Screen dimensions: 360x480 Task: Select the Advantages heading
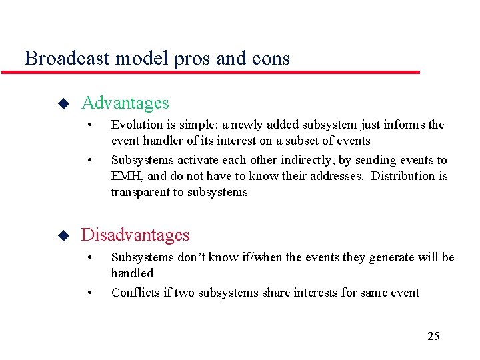[125, 103]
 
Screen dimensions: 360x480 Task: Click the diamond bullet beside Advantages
[63, 104]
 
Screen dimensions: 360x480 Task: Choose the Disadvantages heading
[135, 235]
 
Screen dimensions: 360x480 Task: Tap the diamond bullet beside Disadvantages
[63, 236]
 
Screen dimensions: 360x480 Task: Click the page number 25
[433, 336]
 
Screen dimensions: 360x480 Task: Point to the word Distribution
[404, 176]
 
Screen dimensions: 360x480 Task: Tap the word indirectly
[290, 160]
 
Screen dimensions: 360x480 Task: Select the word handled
[132, 273]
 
